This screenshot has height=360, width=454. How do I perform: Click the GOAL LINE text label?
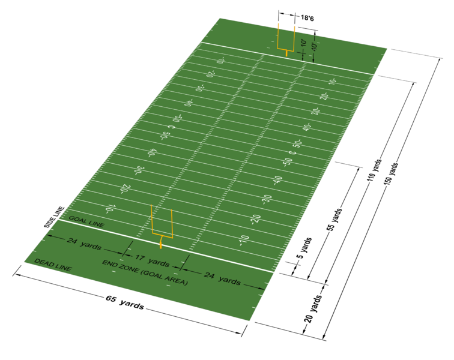coord(86,221)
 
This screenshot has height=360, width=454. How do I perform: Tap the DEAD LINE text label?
coord(53,265)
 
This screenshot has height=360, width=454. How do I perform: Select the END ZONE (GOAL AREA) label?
coord(145,272)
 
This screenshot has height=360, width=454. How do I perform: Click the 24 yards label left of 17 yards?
coord(80,244)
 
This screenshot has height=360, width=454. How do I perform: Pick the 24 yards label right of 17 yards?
coord(221,278)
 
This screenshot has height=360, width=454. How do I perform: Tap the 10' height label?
coord(304,44)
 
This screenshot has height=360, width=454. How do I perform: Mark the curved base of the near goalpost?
coord(160,244)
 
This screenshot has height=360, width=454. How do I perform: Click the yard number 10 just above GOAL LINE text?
coord(109,209)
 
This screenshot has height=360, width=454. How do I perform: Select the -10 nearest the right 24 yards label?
coord(243,239)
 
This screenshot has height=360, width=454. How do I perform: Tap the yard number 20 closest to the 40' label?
coord(323,96)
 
